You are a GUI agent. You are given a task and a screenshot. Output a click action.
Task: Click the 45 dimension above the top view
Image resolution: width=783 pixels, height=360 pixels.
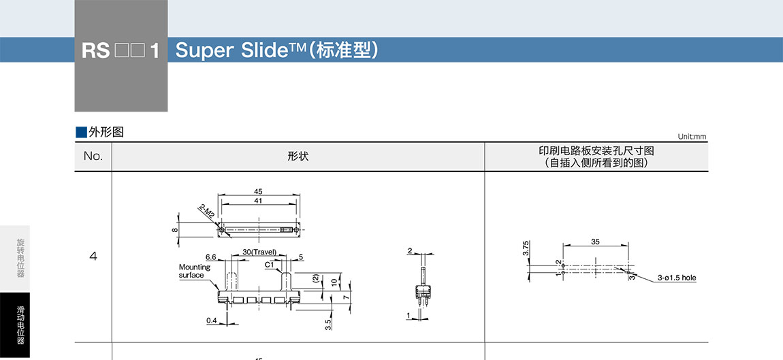(257, 191)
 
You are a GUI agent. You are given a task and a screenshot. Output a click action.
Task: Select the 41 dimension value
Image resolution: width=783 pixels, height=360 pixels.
(257, 201)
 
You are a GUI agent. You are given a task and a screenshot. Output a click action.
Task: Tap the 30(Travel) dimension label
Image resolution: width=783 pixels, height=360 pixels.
(259, 252)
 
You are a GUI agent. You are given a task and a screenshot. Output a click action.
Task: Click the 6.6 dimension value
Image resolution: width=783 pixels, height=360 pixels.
(210, 257)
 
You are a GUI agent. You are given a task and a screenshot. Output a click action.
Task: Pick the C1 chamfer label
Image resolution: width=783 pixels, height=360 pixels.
(269, 264)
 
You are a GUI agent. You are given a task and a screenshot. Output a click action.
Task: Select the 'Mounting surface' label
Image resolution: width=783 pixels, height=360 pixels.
(195, 271)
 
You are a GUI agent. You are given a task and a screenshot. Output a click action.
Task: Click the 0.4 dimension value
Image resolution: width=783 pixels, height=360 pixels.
(212, 320)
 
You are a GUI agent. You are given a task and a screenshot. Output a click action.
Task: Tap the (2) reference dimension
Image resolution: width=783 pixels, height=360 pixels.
(315, 278)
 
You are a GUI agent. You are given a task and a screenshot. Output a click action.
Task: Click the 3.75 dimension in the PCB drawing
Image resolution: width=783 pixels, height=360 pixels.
(526, 248)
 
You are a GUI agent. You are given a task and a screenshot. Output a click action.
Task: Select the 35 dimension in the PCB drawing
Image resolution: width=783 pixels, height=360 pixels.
(595, 242)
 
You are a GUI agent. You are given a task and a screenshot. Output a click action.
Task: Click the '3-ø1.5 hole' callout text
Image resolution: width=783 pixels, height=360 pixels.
(677, 278)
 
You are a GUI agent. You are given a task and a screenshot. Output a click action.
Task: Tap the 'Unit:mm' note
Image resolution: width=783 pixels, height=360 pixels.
(692, 137)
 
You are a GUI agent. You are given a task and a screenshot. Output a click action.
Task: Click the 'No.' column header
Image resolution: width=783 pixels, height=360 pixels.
(93, 157)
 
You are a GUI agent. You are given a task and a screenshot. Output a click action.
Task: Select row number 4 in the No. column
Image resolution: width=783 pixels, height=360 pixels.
(93, 257)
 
